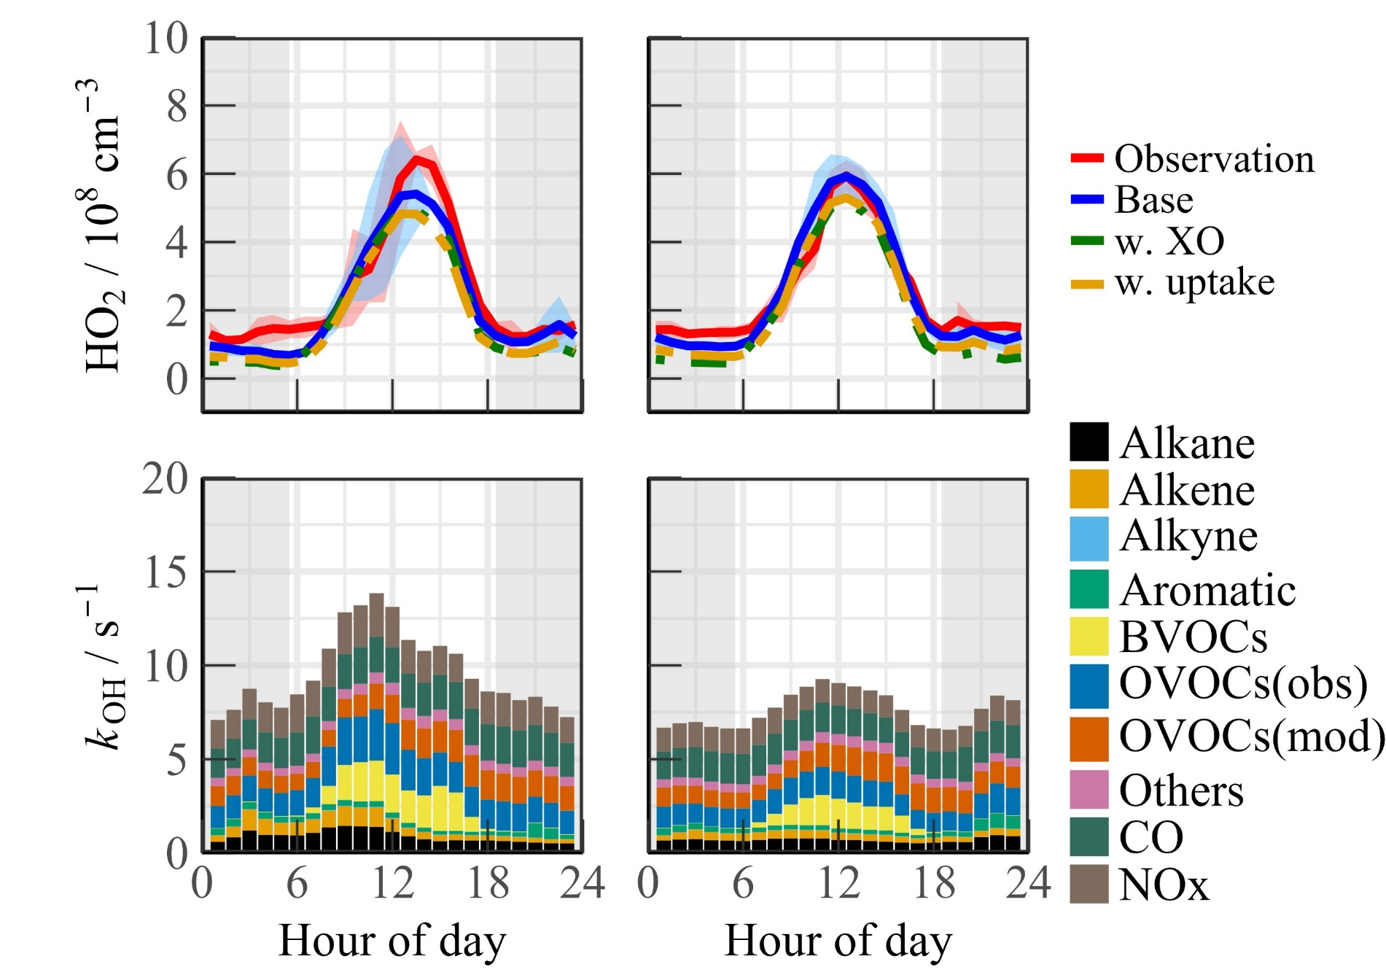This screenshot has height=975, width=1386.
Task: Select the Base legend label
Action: tap(1154, 200)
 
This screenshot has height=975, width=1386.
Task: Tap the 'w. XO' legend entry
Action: tap(1169, 241)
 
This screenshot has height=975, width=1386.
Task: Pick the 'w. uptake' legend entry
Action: tap(1194, 283)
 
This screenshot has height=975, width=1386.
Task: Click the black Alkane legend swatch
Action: tap(1089, 442)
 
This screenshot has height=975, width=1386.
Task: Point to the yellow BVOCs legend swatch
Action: tap(1089, 637)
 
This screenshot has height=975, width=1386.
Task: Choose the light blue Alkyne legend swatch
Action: tap(1089, 538)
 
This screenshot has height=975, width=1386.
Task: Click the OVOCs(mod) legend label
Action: tap(1251, 737)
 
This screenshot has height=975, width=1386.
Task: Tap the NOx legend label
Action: tap(1164, 885)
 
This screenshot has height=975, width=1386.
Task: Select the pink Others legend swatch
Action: tap(1089, 790)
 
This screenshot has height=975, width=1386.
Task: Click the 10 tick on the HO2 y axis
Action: tap(166, 38)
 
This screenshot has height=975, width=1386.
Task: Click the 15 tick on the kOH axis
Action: tap(166, 572)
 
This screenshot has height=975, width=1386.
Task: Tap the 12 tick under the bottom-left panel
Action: tap(392, 883)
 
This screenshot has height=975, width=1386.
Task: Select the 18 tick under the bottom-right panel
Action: tap(934, 883)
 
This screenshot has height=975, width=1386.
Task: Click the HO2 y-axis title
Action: tap(102, 226)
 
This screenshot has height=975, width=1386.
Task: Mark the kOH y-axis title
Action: tap(102, 667)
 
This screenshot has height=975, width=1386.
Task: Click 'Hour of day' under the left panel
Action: tap(392, 941)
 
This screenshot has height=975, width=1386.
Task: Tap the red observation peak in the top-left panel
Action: tap(417, 159)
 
